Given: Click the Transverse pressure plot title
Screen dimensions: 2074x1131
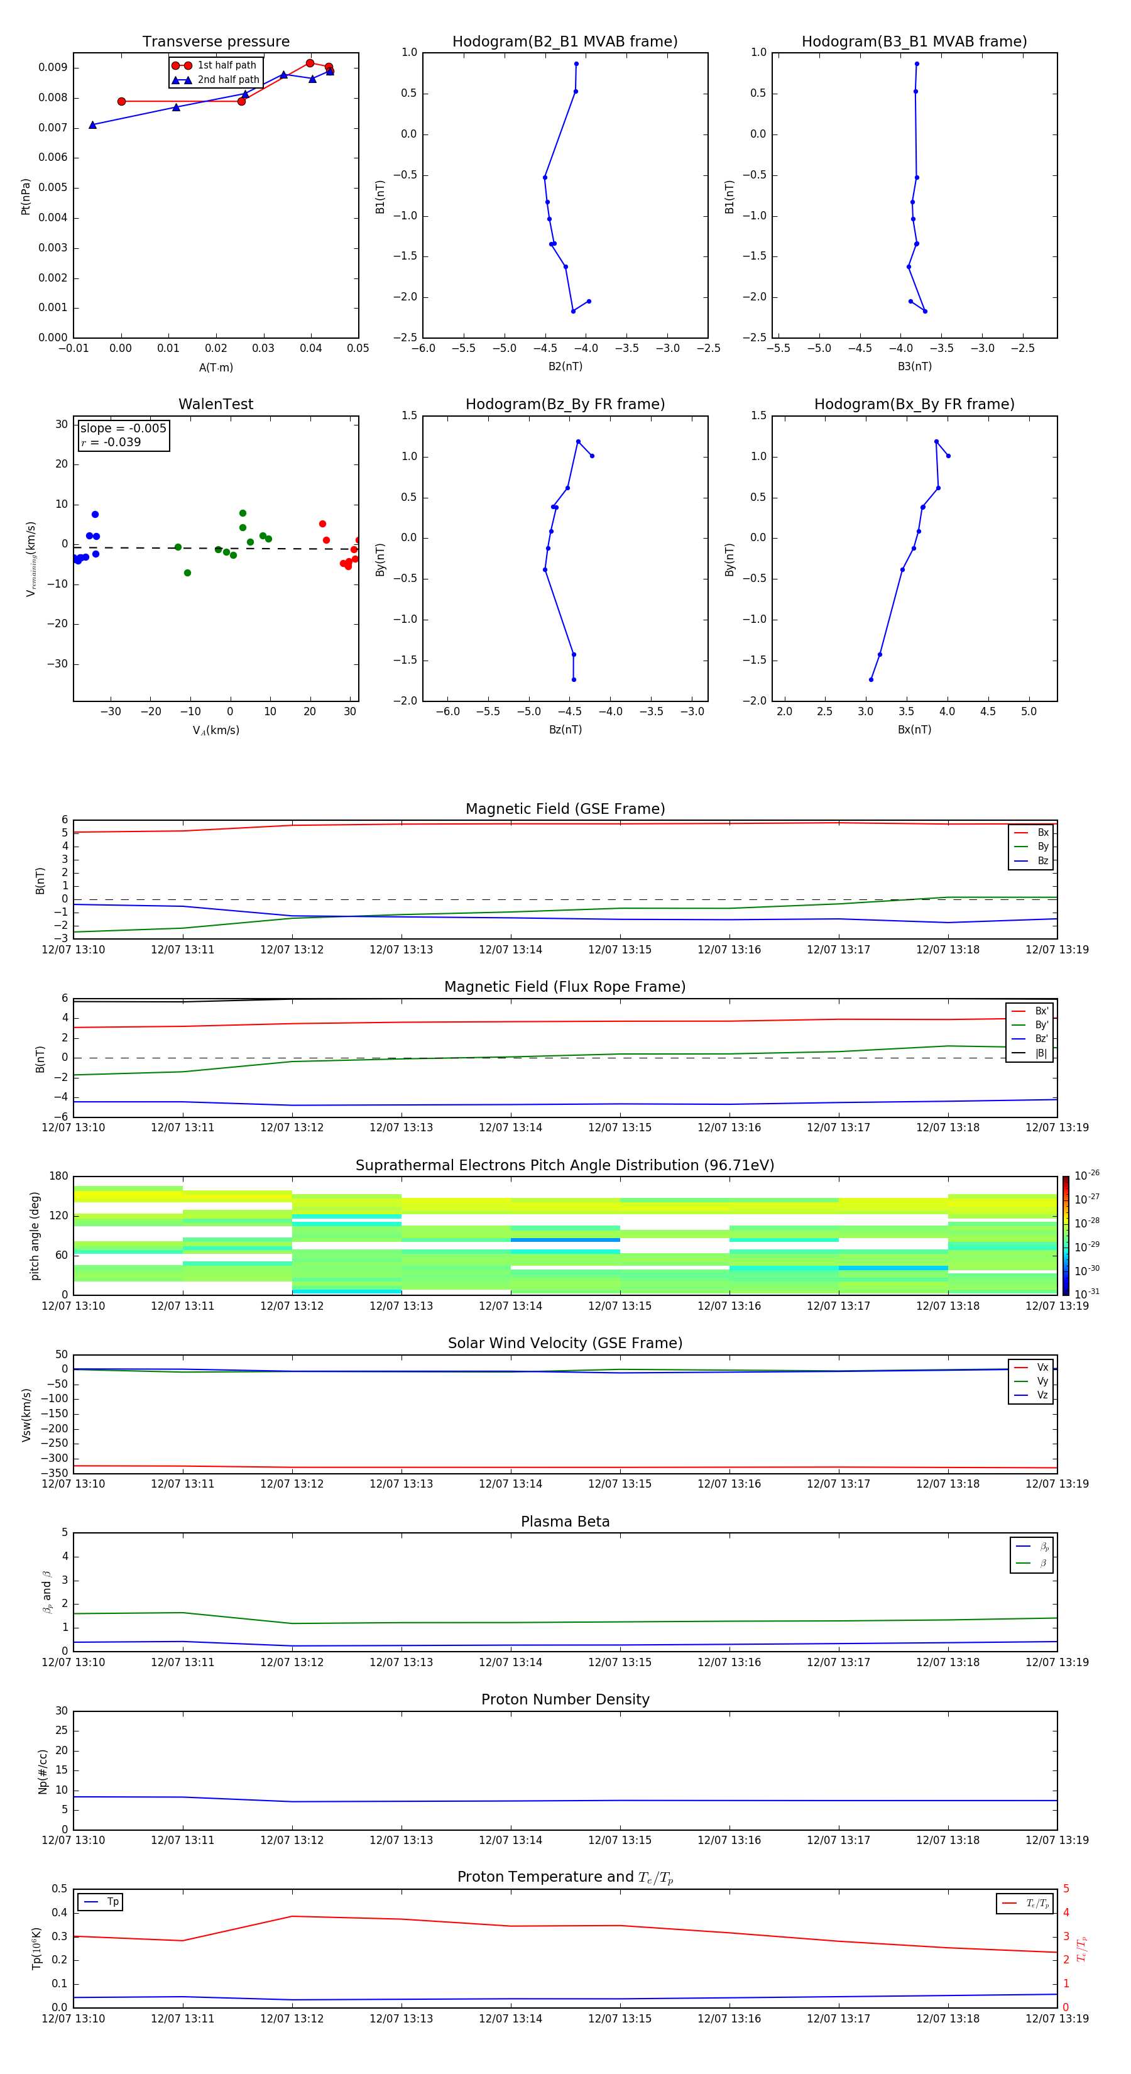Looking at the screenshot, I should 216,42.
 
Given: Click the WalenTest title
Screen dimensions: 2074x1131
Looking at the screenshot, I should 216,404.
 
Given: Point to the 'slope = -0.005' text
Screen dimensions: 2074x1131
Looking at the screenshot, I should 123,429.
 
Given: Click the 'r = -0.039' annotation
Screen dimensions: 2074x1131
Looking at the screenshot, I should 111,442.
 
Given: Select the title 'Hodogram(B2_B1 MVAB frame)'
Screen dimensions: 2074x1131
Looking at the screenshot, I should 564,42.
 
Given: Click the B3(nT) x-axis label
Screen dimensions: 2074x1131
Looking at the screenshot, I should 914,366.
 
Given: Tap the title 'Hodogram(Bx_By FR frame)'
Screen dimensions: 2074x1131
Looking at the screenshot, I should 914,404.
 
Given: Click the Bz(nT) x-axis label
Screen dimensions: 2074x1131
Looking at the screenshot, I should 565,730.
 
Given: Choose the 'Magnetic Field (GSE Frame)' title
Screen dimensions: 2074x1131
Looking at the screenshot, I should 565,809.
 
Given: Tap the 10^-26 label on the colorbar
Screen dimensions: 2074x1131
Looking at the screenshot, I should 1087,1175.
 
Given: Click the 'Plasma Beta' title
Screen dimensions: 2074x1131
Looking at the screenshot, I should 565,1522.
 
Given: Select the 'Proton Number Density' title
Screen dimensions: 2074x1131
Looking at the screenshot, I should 565,1699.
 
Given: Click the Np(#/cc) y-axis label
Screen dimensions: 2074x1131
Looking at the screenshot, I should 43,1771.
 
